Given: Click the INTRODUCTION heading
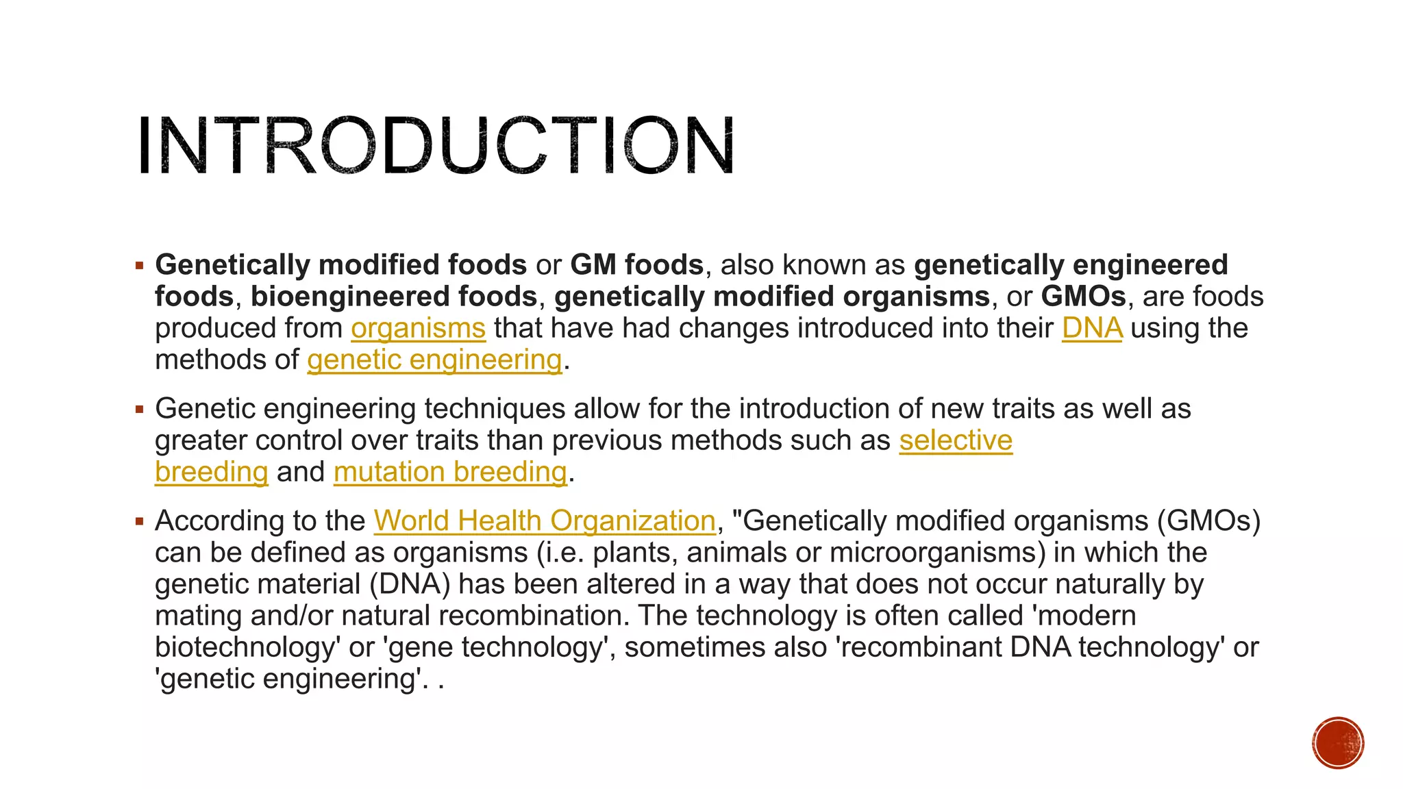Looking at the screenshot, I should point(436,147).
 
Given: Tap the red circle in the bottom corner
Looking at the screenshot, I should point(1338,743).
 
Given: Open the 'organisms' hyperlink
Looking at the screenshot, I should point(418,328).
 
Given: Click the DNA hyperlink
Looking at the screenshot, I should point(1092,328).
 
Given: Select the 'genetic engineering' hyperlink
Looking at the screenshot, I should point(435,360).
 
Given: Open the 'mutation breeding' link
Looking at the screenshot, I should point(450,472).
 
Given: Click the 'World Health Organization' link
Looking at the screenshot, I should point(545,521).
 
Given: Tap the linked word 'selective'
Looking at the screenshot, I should point(956,440).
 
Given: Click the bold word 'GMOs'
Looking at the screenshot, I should point(1083,297).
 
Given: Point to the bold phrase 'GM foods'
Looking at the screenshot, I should point(636,265).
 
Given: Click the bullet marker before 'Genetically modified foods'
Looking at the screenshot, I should point(140,265).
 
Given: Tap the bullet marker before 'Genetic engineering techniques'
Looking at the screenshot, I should point(140,410).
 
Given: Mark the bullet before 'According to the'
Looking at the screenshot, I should point(140,522).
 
